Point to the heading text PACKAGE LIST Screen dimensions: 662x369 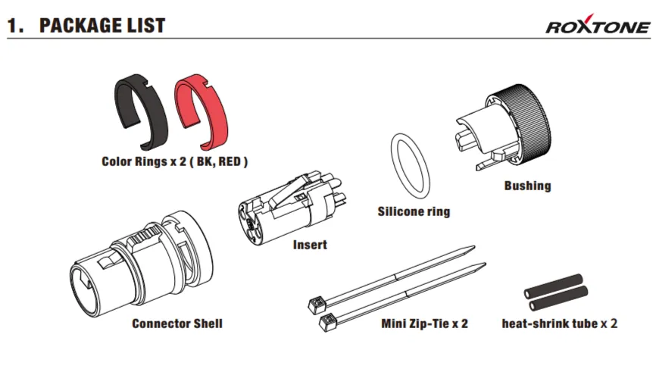coord(102,25)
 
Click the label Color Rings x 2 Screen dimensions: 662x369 coord(144,161)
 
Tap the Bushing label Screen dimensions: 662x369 coord(528,186)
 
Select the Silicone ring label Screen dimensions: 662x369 coord(414,211)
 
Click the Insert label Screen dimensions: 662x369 coord(310,245)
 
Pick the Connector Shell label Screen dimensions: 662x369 coord(177,324)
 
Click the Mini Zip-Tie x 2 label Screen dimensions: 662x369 coord(425,324)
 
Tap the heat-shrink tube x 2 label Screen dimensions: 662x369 coord(560,324)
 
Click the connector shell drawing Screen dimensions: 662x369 coord(142,264)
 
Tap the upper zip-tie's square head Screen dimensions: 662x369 coord(317,305)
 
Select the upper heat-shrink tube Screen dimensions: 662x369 coord(553,286)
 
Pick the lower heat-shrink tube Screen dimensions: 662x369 coord(558,298)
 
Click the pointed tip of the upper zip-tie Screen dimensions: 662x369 coord(475,247)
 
